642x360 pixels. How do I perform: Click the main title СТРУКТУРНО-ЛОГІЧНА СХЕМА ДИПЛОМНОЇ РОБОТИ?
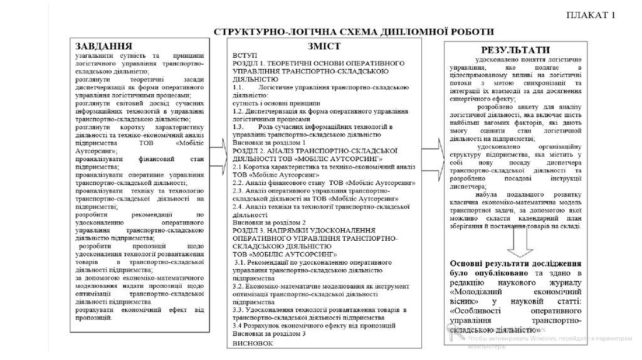[354, 31]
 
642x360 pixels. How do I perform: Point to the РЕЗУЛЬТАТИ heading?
[515, 50]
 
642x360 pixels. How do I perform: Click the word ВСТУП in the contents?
[244, 56]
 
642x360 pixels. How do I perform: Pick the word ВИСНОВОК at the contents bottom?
[253, 343]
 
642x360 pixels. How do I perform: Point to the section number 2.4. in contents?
[238, 206]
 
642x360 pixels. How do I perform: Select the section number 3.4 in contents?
[238, 326]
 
